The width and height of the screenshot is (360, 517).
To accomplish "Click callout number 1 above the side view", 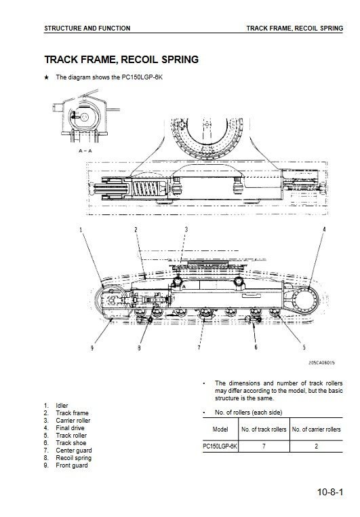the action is [x=81, y=229].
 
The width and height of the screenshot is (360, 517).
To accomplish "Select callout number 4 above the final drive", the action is [x=324, y=229].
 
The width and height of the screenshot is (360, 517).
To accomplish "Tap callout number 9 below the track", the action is [x=92, y=347].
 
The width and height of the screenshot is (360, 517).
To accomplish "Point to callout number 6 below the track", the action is [x=256, y=347].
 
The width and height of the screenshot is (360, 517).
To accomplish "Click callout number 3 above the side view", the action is [x=186, y=229].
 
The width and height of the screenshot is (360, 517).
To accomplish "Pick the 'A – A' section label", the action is [x=85, y=151].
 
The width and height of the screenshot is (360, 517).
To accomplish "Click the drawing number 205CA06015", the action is [x=321, y=363].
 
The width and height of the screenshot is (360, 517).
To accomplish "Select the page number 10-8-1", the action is [x=330, y=492].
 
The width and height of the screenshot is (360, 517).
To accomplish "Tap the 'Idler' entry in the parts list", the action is [x=62, y=406].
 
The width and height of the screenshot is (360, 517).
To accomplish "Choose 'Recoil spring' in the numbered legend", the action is [x=74, y=458].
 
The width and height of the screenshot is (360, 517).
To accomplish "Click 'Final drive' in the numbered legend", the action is [x=70, y=428].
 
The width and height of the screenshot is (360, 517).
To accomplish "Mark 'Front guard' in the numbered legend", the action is [x=72, y=465].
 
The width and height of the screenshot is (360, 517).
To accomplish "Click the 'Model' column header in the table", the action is [x=220, y=429].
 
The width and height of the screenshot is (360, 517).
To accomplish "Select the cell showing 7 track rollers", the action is [x=264, y=446].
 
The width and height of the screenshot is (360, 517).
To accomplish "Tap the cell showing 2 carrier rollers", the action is [x=316, y=446].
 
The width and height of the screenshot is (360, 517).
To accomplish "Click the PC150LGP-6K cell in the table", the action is [x=220, y=446].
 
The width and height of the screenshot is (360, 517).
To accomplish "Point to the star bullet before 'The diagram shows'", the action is [x=47, y=77].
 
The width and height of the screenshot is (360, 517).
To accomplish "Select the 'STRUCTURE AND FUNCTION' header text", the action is [x=87, y=28].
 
